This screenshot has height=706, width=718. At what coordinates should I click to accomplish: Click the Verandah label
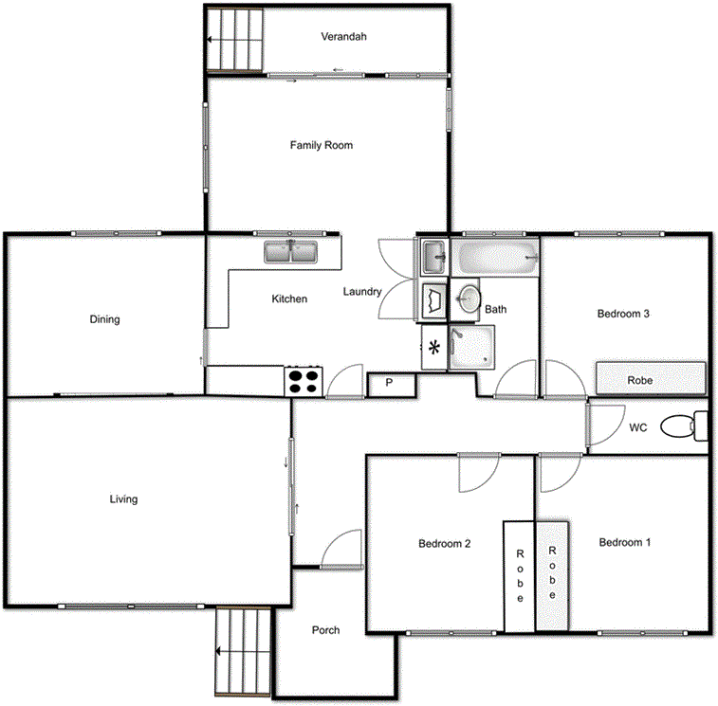tap(343, 37)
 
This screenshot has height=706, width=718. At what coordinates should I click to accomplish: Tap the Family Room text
tap(322, 146)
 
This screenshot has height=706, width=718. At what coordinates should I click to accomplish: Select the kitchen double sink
tap(291, 252)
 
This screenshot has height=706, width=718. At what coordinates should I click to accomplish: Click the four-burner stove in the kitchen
tap(304, 381)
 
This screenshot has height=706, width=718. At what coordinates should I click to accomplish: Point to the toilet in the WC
tap(679, 426)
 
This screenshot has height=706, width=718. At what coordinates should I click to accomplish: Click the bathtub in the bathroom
tap(495, 256)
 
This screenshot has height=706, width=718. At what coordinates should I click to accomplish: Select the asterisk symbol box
tap(434, 347)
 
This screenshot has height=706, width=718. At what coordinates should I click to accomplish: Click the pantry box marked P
tap(389, 384)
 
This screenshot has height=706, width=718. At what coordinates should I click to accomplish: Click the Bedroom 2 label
tap(445, 544)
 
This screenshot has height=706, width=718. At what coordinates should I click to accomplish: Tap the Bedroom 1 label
tap(625, 543)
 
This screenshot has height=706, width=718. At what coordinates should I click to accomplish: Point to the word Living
tap(123, 499)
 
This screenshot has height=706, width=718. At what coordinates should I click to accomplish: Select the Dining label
tap(105, 319)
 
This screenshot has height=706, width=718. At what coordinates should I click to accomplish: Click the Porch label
tap(326, 630)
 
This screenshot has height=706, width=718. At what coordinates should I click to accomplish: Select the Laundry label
tap(362, 292)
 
